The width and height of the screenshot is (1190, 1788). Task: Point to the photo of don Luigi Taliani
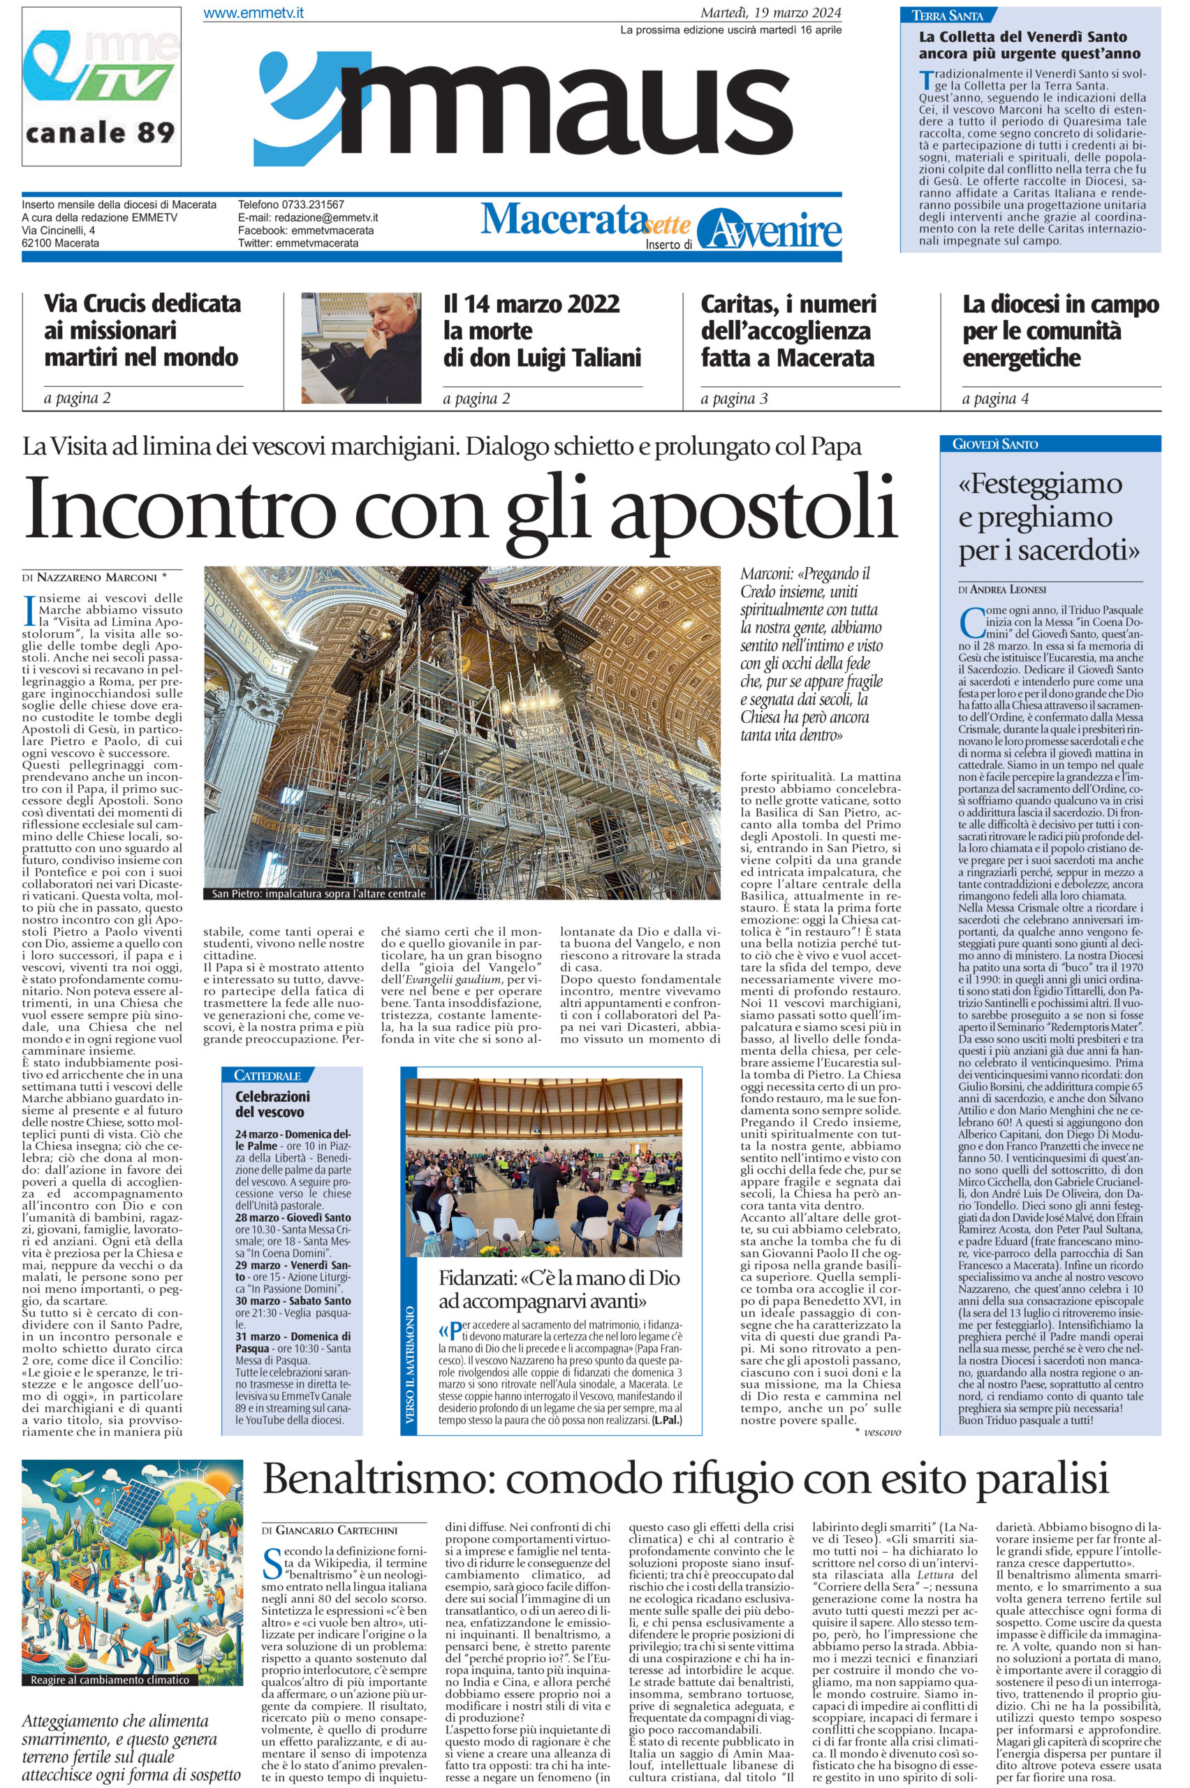[x=361, y=348]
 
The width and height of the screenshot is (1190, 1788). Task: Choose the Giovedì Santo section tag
[x=995, y=444]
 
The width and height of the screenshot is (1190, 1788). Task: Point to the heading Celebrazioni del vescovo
[x=272, y=1104]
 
